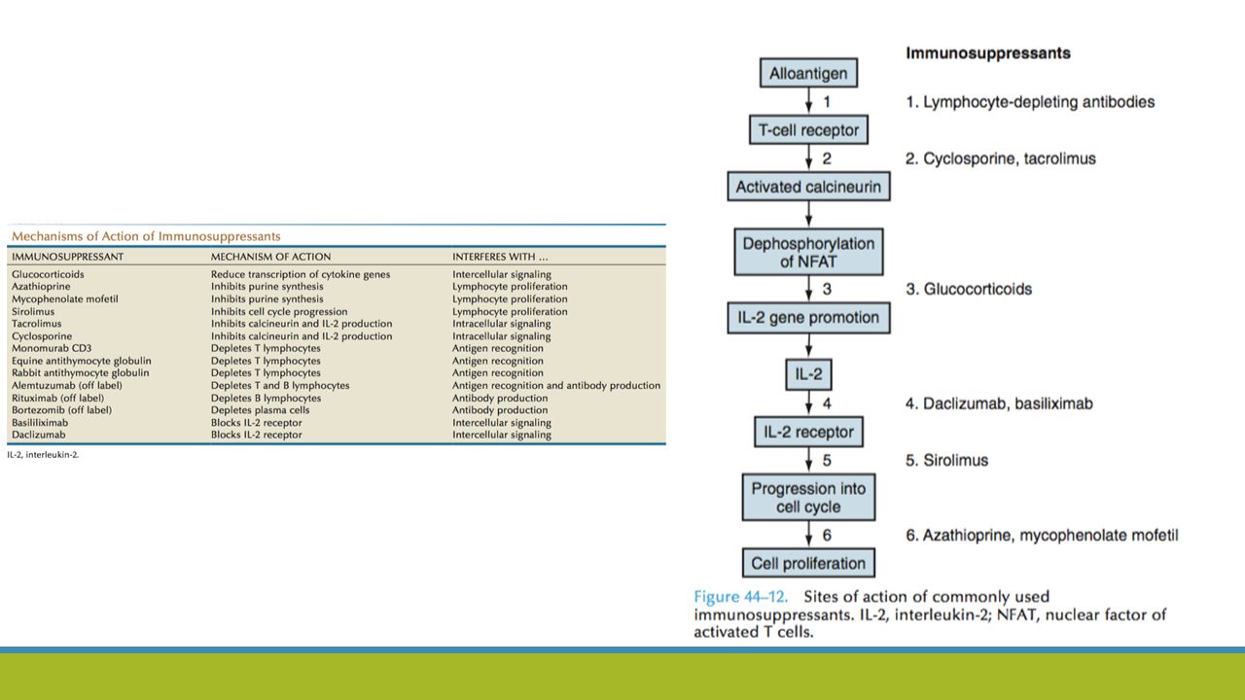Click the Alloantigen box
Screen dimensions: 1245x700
(808, 73)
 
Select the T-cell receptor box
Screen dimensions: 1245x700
(808, 130)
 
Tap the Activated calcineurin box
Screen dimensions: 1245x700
(808, 187)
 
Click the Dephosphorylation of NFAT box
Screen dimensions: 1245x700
(808, 252)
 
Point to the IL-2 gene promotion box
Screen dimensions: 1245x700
(808, 318)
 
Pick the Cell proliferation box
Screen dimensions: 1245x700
(808, 563)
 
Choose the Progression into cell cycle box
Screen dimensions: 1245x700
(808, 497)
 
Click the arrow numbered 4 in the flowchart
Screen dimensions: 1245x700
(808, 403)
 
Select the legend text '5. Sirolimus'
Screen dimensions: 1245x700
(946, 460)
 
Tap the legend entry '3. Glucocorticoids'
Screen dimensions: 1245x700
(968, 289)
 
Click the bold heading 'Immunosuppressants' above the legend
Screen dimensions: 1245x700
(987, 52)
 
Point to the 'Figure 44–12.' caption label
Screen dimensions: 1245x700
(740, 597)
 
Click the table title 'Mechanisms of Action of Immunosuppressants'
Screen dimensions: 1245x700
(146, 236)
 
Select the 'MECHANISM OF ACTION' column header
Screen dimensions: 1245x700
(270, 257)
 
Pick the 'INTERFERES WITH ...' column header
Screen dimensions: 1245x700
(500, 257)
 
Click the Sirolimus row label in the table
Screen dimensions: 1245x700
(33, 311)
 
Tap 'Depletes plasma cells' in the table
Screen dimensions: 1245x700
(260, 410)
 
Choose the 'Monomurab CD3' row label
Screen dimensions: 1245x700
(52, 348)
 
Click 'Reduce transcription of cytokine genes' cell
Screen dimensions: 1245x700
(301, 274)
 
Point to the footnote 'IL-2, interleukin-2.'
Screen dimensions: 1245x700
(43, 454)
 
